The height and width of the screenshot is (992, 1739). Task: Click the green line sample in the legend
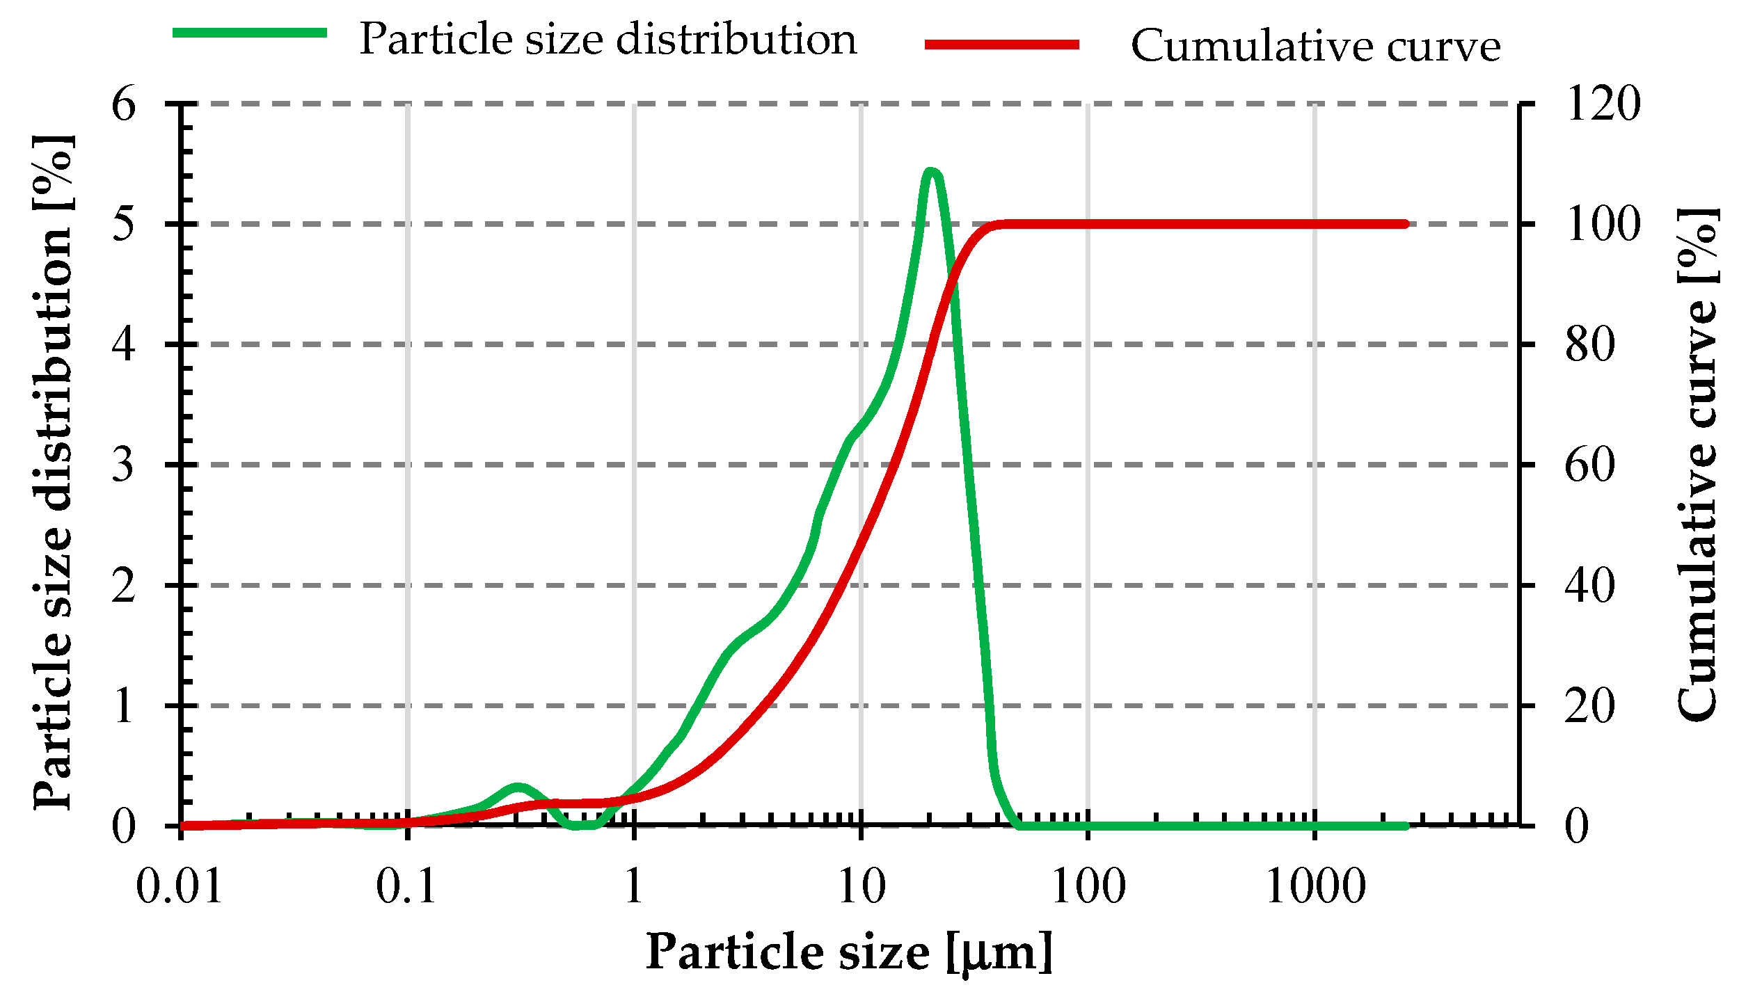pos(249,33)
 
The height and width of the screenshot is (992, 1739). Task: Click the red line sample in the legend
pos(1001,45)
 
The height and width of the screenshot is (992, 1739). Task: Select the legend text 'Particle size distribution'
pos(608,39)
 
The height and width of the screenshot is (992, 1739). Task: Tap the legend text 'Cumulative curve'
pos(1315,47)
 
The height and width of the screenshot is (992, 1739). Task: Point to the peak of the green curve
pos(931,171)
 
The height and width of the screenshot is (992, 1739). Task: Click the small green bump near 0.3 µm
pos(517,787)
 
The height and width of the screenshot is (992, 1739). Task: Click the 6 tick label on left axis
pos(123,105)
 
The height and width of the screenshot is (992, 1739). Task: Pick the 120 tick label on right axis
pos(1603,104)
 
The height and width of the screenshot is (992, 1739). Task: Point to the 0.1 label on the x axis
pos(406,888)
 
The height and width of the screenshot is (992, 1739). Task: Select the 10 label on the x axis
pos(861,888)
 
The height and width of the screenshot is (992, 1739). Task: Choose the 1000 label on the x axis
pos(1315,888)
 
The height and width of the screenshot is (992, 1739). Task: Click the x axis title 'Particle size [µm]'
pos(848,952)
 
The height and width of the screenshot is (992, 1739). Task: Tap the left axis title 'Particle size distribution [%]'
pos(53,472)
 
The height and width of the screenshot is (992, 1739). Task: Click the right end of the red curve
pos(1405,224)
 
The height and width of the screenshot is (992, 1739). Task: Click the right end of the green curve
pos(1405,826)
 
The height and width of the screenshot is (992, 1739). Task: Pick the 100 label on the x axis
pos(1088,888)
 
